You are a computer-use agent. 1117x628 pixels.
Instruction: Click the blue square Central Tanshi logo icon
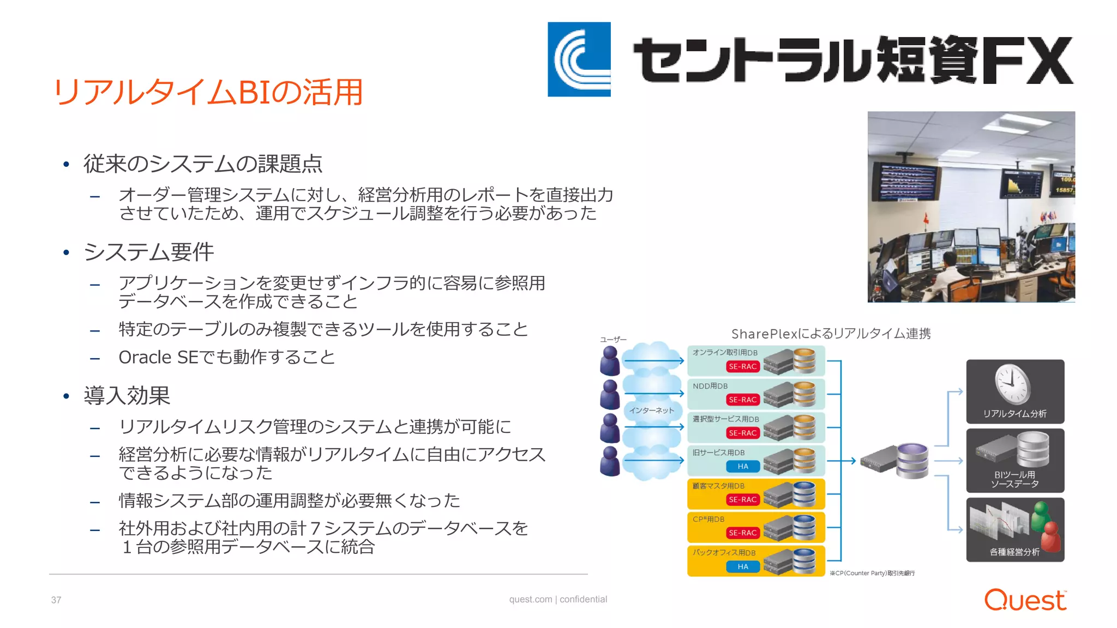(x=579, y=59)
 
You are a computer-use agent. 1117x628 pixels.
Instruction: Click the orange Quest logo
(x=1025, y=600)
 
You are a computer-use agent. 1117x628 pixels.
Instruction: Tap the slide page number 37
(x=56, y=600)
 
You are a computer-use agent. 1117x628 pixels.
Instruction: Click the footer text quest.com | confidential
(x=558, y=599)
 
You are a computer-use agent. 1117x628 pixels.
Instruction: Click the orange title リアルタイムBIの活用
(x=208, y=92)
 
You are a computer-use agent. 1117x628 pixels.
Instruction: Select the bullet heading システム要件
(x=148, y=252)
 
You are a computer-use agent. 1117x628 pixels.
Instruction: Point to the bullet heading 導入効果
(x=127, y=395)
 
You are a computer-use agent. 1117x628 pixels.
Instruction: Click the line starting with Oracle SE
(x=226, y=357)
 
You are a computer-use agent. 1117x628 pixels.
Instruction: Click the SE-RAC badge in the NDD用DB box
(x=742, y=400)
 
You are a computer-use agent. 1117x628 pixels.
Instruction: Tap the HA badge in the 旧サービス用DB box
(x=742, y=466)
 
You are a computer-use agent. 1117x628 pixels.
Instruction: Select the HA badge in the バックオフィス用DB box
(x=742, y=566)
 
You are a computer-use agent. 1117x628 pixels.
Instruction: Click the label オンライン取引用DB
(x=725, y=353)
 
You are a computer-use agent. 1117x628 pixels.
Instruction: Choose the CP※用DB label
(x=708, y=519)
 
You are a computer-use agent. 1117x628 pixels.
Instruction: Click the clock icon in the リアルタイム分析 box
(x=1012, y=383)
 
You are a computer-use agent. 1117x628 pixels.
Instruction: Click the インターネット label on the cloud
(x=651, y=410)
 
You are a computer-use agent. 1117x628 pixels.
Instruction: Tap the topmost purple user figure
(x=610, y=361)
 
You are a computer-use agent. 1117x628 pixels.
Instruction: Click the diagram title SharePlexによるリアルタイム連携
(x=831, y=334)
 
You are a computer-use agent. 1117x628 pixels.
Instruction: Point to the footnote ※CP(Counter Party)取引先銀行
(x=872, y=573)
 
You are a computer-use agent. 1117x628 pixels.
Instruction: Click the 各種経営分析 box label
(x=1014, y=552)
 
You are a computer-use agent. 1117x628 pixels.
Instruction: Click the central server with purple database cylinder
(x=896, y=461)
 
